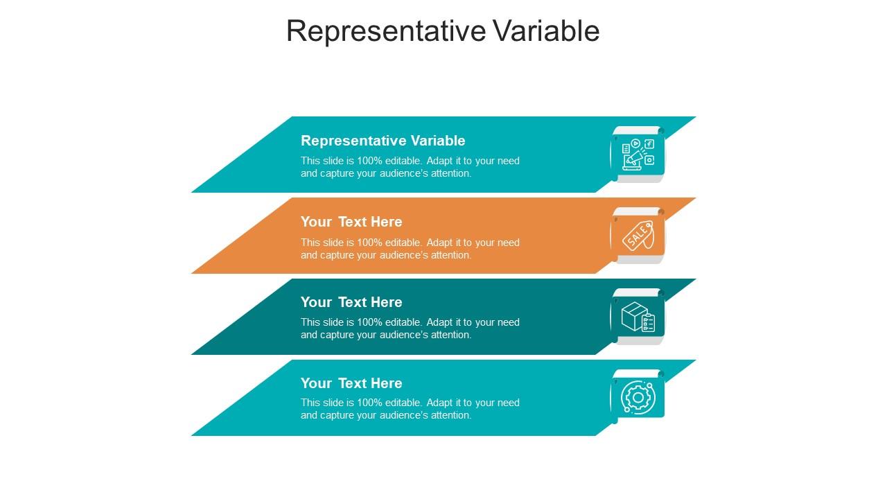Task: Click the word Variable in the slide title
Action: point(546,31)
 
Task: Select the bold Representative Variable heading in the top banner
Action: point(383,141)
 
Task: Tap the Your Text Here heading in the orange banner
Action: point(351,222)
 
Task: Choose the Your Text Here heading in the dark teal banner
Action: point(351,302)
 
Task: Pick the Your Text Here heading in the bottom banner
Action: point(351,383)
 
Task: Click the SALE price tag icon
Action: point(638,236)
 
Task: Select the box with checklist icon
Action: point(638,317)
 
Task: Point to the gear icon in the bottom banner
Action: point(638,398)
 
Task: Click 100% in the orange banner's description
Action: point(369,243)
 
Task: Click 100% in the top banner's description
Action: point(369,161)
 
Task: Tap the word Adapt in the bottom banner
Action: point(439,403)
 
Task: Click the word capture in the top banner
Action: point(337,174)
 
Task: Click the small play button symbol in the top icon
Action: point(635,143)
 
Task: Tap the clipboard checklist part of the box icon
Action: point(648,323)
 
